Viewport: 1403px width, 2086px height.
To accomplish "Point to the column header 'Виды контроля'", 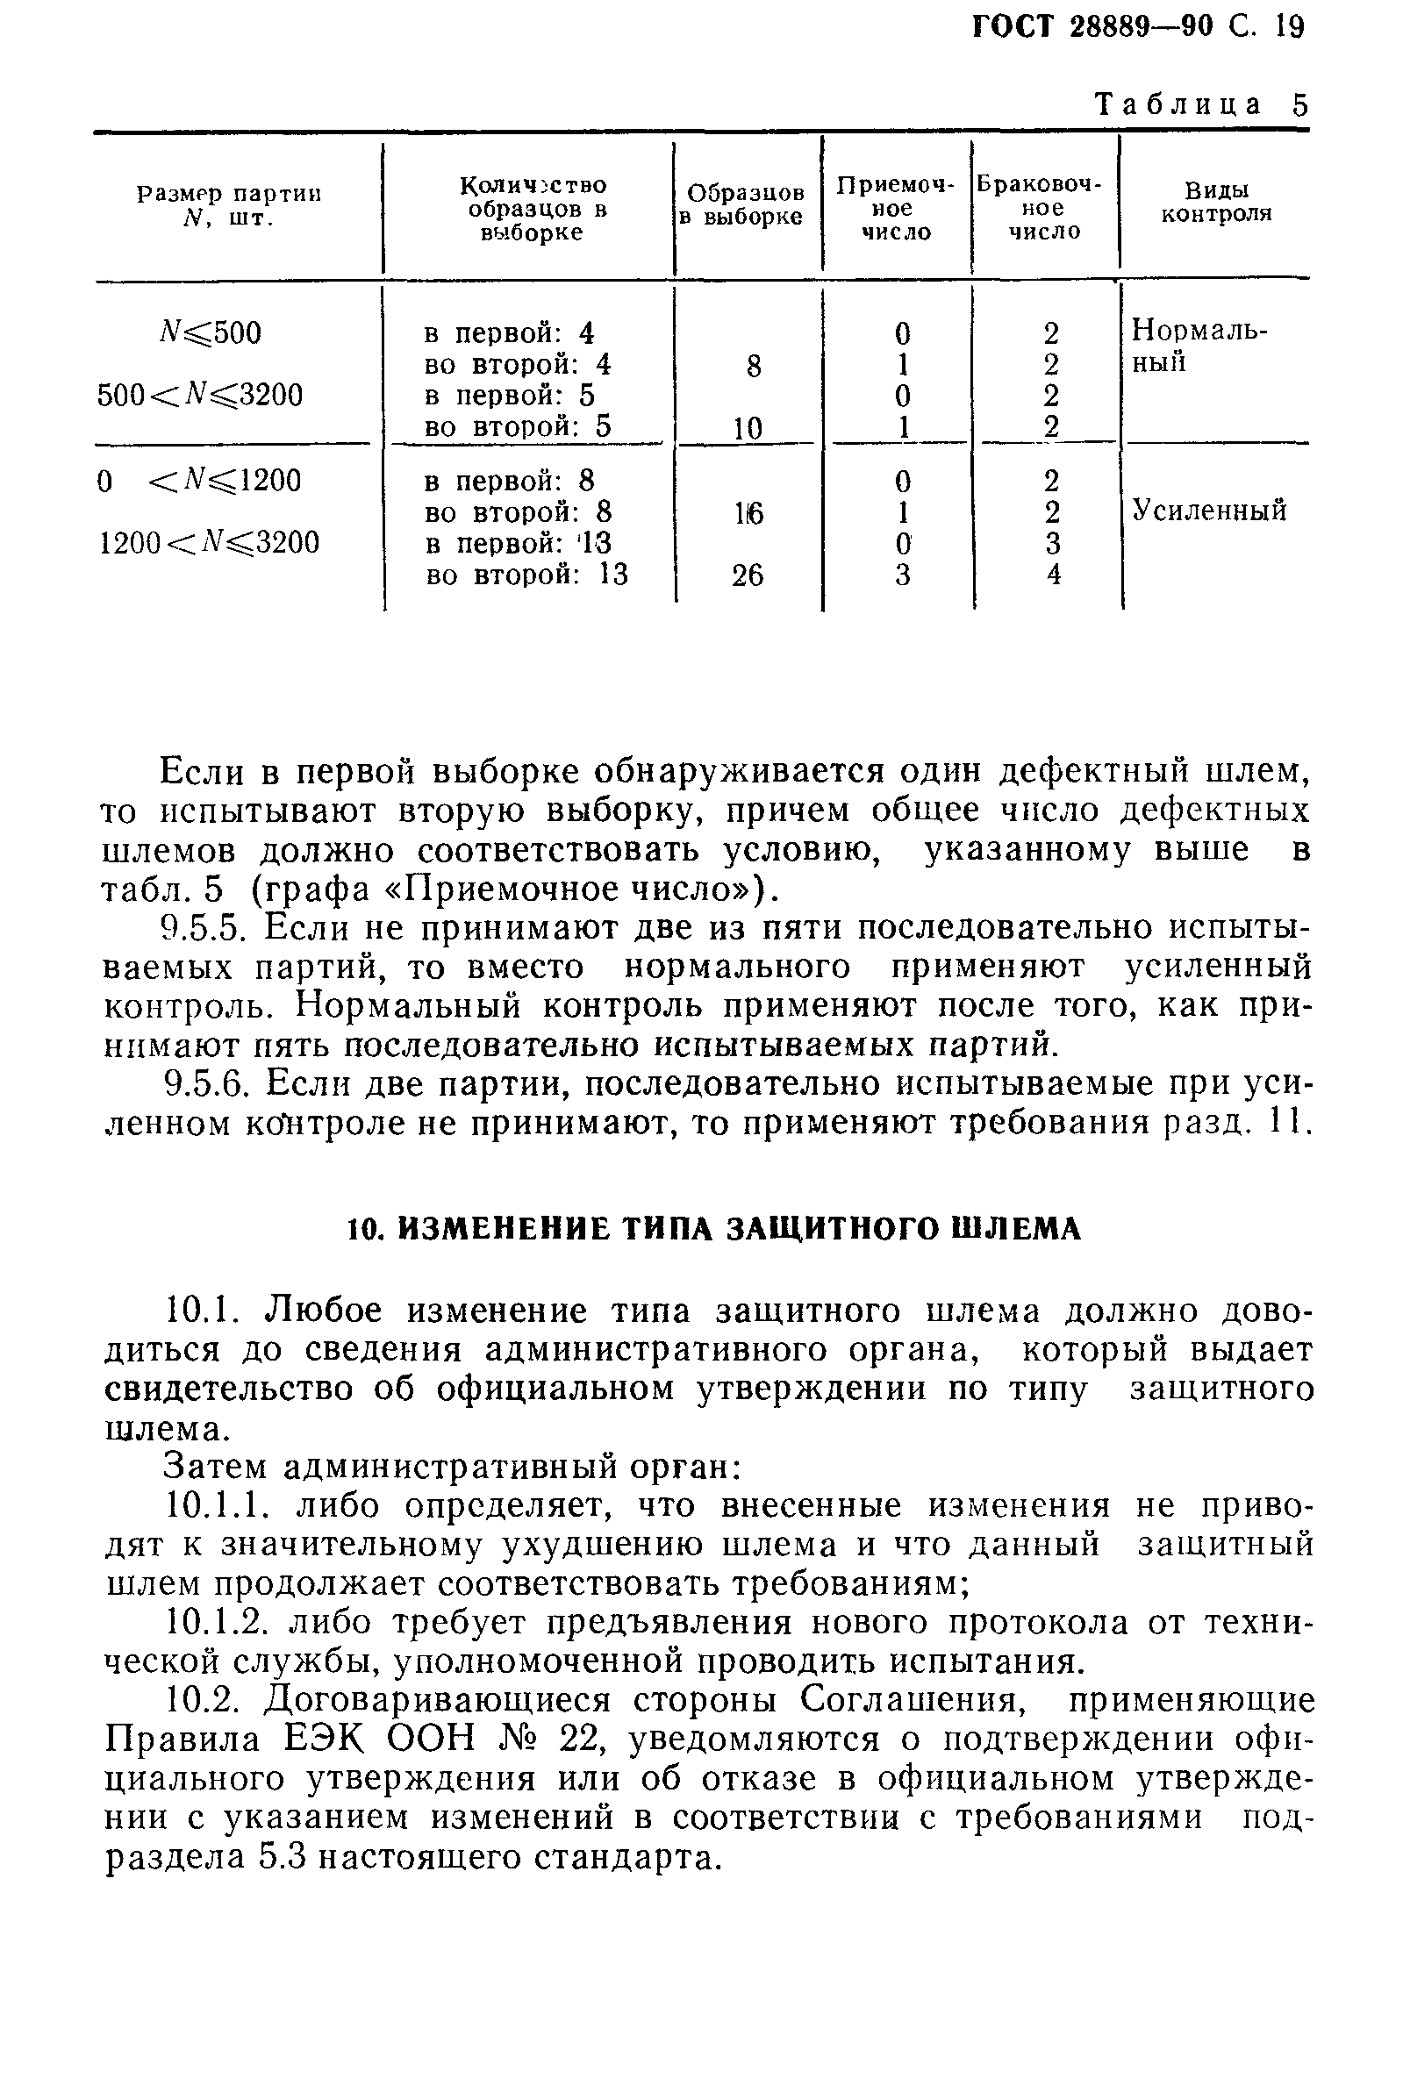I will (x=1215, y=202).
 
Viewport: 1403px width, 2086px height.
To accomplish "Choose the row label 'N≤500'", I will (x=209, y=333).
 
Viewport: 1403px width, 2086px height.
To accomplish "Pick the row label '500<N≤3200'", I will (x=199, y=395).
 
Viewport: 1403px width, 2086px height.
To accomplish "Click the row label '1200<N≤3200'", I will (x=209, y=543).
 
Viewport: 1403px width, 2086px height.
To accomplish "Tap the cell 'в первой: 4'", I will (x=508, y=333).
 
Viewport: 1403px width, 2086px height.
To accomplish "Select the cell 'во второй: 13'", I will (x=526, y=575).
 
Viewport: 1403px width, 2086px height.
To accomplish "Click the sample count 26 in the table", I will (x=748, y=575).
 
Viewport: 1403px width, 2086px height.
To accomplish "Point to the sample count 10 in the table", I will (x=748, y=428).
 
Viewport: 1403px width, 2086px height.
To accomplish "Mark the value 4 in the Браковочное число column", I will (x=1053, y=575).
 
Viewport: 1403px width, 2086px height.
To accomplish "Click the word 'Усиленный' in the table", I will (x=1209, y=511).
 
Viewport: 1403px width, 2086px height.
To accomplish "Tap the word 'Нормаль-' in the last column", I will (x=1199, y=331).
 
